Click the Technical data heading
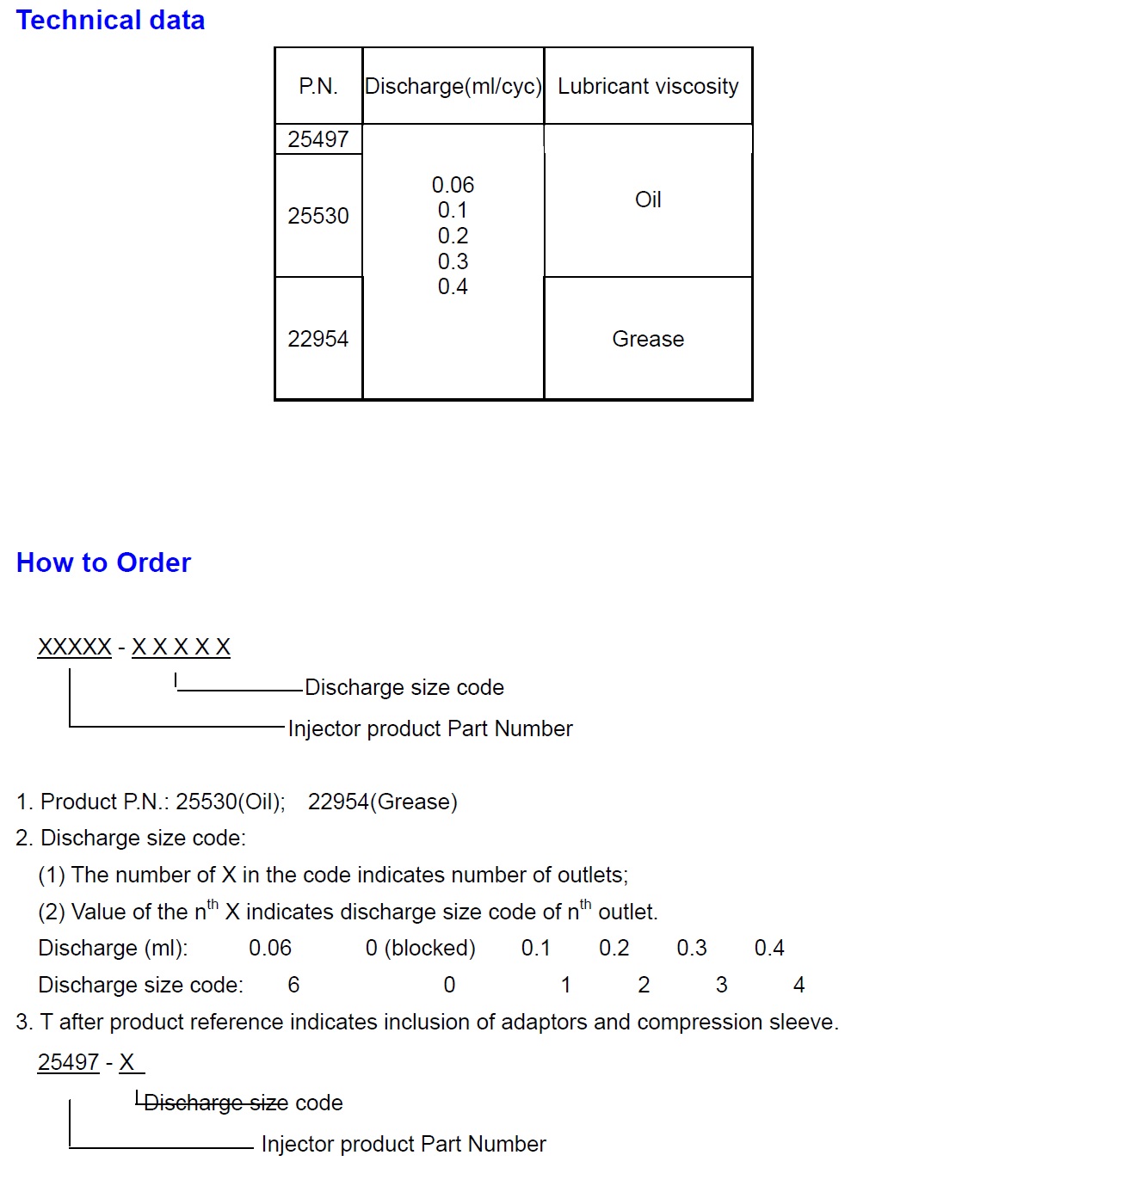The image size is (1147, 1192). pos(110,20)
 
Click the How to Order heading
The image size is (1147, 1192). pos(103,562)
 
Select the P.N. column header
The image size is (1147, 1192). pos(318,86)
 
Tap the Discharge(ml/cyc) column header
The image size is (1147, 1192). pos(453,86)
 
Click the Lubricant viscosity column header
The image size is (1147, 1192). pos(648,86)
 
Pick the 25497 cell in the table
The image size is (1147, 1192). pos(318,139)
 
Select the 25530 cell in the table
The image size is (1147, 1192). pos(318,216)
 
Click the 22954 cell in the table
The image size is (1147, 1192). pos(318,339)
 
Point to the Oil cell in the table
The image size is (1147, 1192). pos(648,200)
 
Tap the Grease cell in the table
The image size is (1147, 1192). pos(648,339)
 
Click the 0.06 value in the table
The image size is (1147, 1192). pos(453,185)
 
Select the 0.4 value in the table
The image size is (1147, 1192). pos(453,286)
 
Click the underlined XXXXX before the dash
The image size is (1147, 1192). pos(75,647)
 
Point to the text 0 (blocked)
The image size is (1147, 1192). pos(420,948)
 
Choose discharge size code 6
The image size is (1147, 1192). pos(293,985)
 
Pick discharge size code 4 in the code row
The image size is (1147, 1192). pos(799,985)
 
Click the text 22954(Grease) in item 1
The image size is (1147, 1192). pos(382,802)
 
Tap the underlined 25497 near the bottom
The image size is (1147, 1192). pos(68,1062)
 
